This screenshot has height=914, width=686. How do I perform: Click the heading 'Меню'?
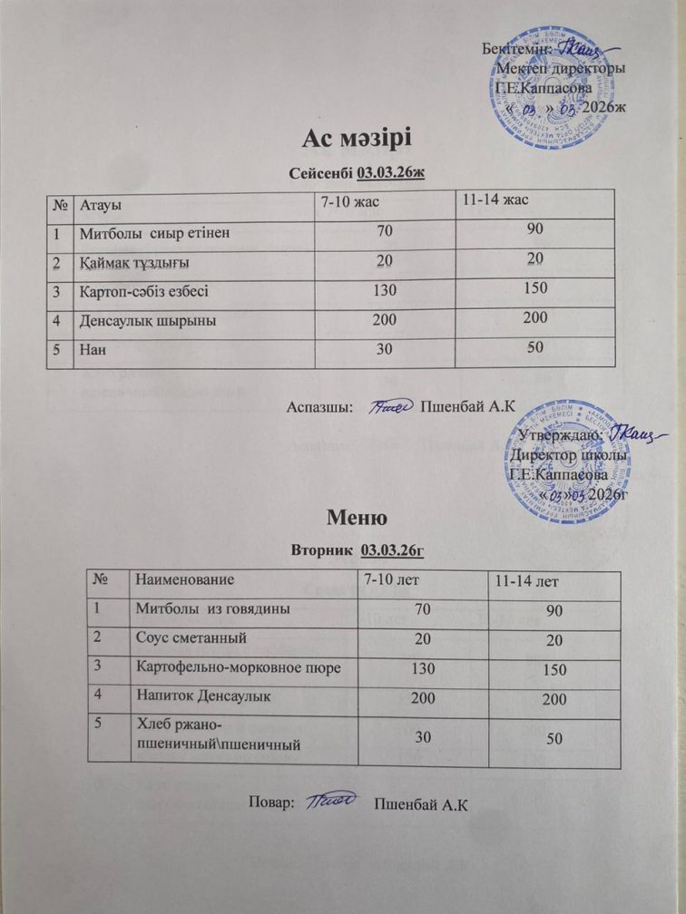[x=357, y=519]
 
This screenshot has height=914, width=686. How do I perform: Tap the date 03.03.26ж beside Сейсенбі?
[x=391, y=172]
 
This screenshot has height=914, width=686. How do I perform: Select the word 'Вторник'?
[x=322, y=549]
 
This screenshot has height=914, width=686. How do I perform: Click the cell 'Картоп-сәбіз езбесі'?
[x=145, y=292]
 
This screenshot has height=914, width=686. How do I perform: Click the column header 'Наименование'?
[x=185, y=578]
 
